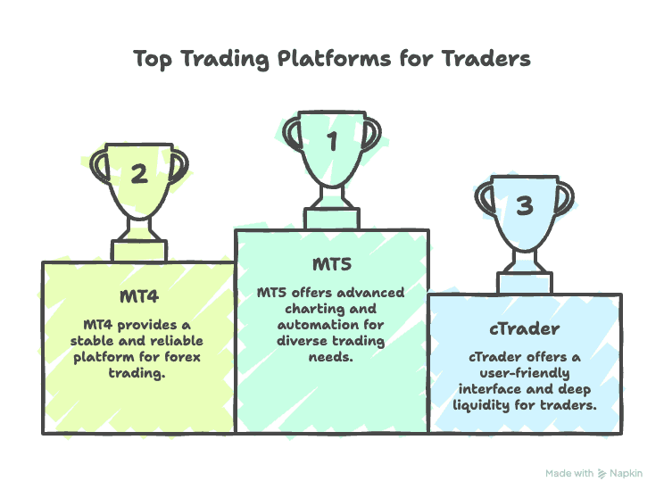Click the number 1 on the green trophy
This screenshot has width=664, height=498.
tap(332, 141)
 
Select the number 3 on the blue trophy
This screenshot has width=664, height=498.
tap(525, 206)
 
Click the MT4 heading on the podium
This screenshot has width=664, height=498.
tap(138, 295)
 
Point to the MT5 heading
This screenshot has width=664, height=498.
tap(332, 265)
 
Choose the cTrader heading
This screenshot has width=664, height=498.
tap(526, 328)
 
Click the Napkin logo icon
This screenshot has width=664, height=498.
tap(602, 473)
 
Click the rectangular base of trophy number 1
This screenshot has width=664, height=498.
tap(332, 219)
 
